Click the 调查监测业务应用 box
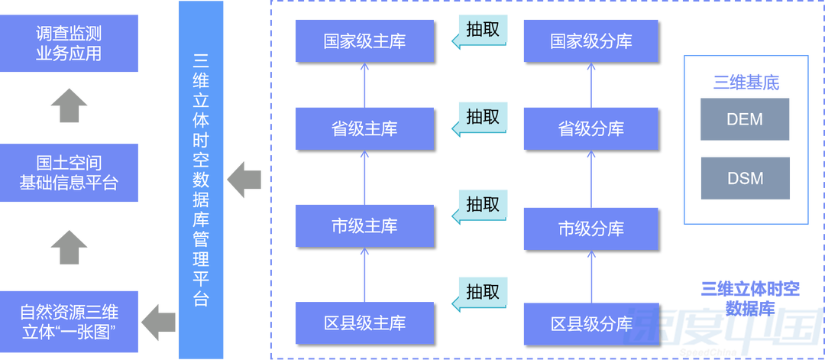(69, 44)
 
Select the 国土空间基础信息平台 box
(69, 174)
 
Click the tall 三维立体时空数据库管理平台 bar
(202, 180)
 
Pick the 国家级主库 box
(364, 41)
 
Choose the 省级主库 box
(364, 128)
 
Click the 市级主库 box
(364, 226)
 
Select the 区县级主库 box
(364, 323)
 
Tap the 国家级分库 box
(590, 41)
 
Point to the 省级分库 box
(590, 128)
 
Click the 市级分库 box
(590, 228)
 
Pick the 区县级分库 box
(590, 323)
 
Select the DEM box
(745, 120)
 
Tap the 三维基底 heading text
(746, 83)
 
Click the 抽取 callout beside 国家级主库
(481, 31)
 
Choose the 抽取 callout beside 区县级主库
(481, 293)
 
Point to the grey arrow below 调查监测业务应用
(69, 104)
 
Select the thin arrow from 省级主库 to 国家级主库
(364, 84)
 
